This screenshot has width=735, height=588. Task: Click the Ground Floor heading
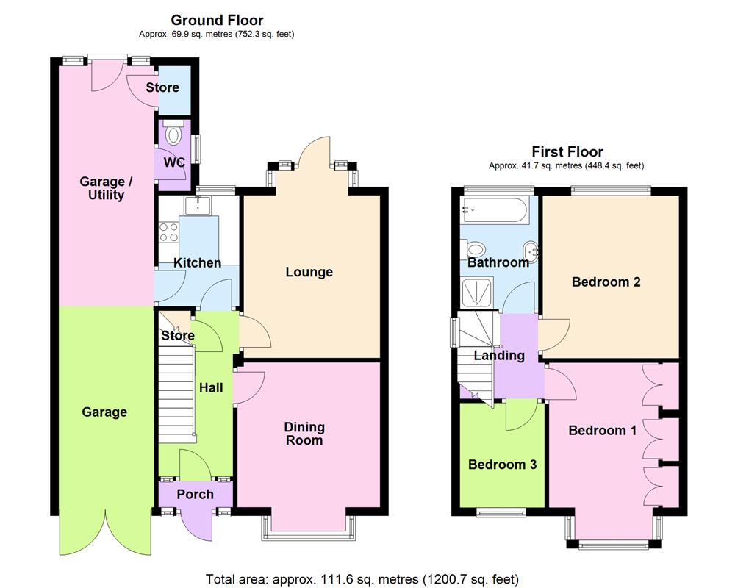217,20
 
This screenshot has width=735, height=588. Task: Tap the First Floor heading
567,152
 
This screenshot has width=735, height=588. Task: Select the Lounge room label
309,272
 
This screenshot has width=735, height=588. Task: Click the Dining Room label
304,434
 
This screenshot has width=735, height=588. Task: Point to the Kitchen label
197,262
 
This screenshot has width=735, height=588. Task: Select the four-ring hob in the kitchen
168,232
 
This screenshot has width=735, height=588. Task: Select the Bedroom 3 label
502,465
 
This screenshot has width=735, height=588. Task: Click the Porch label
195,495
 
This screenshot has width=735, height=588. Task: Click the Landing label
498,356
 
